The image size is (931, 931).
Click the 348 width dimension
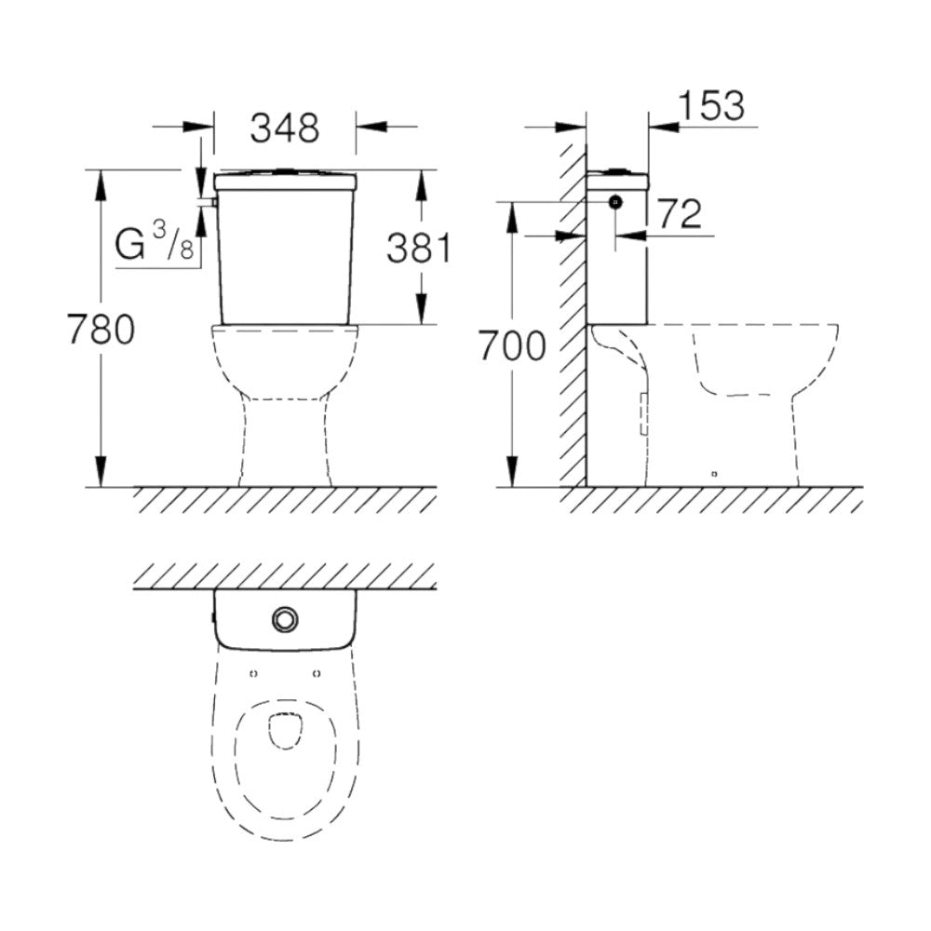[284, 128]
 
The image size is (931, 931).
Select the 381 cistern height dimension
[418, 249]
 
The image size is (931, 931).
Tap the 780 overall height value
[101, 330]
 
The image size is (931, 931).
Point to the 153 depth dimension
[711, 106]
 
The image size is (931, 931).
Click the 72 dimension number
[679, 215]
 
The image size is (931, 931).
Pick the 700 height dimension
[511, 346]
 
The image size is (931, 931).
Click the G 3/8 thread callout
[155, 246]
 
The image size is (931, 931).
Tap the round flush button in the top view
[284, 618]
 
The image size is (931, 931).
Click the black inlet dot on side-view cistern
[614, 201]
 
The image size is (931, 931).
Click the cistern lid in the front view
[285, 180]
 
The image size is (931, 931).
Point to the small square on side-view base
[713, 474]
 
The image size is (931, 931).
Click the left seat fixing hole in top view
[254, 673]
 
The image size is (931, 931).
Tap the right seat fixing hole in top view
[317, 673]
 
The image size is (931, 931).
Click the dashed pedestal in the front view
[285, 438]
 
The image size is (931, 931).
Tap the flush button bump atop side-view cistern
[616, 170]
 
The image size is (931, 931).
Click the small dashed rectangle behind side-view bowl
[644, 413]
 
